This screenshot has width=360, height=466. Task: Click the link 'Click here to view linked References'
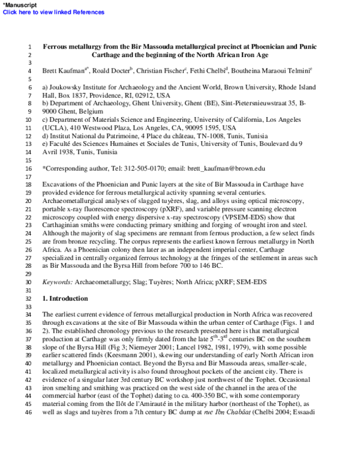point(53,12)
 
